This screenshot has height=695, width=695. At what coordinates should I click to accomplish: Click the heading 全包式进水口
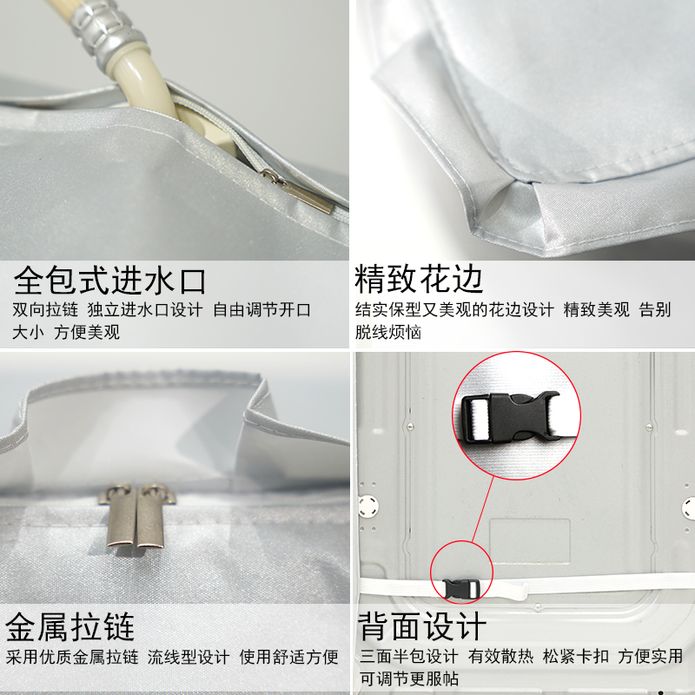click(109, 281)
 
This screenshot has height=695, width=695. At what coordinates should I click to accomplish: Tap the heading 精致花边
click(419, 280)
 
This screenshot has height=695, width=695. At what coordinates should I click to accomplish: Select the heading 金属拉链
click(70, 626)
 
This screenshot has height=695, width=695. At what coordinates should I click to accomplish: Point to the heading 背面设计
click(423, 626)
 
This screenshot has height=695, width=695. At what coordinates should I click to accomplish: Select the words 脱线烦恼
click(387, 332)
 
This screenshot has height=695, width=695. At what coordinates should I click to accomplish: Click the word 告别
click(656, 310)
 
